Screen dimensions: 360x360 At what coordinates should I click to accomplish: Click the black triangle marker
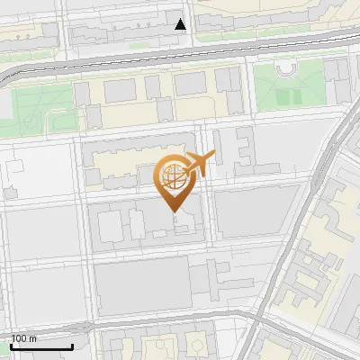click(x=181, y=24)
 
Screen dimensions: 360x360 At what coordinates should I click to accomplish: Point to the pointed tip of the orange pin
click(x=173, y=212)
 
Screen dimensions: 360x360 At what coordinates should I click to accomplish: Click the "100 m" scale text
click(x=24, y=338)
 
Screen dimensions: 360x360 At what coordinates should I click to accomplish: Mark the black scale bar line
click(x=41, y=346)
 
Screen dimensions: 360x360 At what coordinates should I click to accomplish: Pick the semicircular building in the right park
click(x=285, y=68)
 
